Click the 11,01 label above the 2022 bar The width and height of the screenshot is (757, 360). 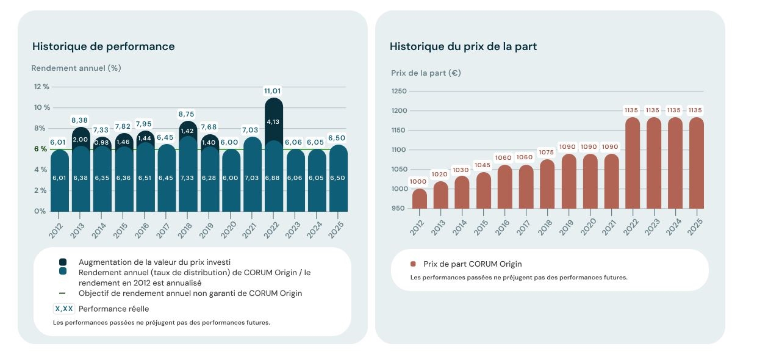[x=273, y=91]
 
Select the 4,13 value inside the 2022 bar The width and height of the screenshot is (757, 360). [x=273, y=121]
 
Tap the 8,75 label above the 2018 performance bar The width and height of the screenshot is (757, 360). [x=187, y=113]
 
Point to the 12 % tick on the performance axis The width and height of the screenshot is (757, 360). [x=41, y=87]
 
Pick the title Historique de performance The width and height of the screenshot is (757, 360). [x=103, y=46]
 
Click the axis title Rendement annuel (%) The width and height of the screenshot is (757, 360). [x=76, y=68]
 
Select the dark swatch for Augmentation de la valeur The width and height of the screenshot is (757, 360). [x=63, y=262]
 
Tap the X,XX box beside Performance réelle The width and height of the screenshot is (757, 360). [x=64, y=309]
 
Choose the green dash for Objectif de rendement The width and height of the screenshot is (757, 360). [x=62, y=293]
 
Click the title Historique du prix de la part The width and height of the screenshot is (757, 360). [x=463, y=46]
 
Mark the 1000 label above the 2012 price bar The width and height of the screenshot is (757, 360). [x=418, y=182]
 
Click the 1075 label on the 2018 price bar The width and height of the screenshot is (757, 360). [x=547, y=153]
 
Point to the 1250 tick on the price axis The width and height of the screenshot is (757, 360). [x=399, y=92]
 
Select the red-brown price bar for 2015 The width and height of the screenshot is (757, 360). [x=483, y=190]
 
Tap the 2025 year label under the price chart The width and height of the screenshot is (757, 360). [x=694, y=223]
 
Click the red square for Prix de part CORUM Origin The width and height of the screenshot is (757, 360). [x=413, y=264]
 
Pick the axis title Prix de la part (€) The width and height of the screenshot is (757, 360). [x=426, y=73]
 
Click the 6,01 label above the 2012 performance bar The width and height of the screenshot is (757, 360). [x=58, y=143]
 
